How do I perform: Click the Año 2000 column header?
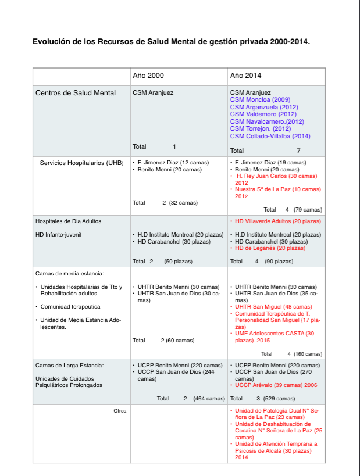148,76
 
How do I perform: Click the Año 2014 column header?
245,76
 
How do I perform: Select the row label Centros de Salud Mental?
76,93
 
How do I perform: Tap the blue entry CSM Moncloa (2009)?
259,100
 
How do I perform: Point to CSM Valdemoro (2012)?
263,114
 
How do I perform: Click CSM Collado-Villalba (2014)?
270,136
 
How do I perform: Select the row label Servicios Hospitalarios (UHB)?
81,163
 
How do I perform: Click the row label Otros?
120,411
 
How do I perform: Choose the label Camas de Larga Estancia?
69,365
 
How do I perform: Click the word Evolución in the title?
52,42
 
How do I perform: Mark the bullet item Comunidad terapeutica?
70,306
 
